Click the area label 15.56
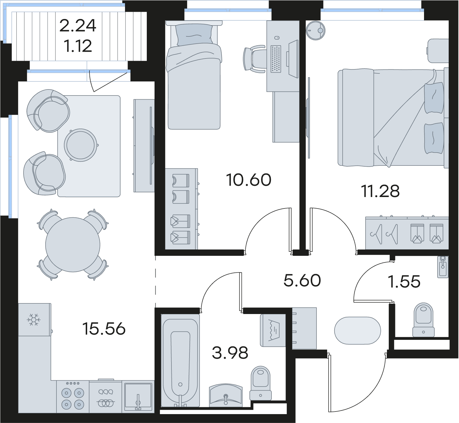tap(104, 329)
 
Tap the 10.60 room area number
tap(249, 180)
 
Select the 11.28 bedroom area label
tap(380, 191)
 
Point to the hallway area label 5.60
tap(302, 280)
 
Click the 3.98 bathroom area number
tap(230, 353)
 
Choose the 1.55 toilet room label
tap(404, 282)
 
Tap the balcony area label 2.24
tap(78, 26)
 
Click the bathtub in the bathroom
tap(180, 360)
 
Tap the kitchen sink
tap(138, 397)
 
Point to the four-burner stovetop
tap(73, 397)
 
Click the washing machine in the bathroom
tap(273, 330)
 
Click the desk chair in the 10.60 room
tap(254, 59)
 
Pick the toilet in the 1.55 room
tap(423, 320)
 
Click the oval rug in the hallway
tap(358, 330)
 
